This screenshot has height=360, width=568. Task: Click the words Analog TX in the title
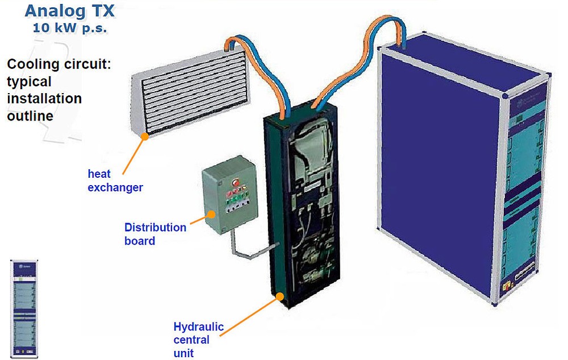tap(70, 10)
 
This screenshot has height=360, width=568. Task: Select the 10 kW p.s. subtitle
tap(70, 27)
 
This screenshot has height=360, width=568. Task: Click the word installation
tap(44, 98)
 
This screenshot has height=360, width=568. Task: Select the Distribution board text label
tap(155, 233)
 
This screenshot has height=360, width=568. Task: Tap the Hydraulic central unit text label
tap(198, 340)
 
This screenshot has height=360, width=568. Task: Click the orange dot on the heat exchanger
tap(145, 136)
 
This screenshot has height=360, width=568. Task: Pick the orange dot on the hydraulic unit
tap(281, 296)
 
